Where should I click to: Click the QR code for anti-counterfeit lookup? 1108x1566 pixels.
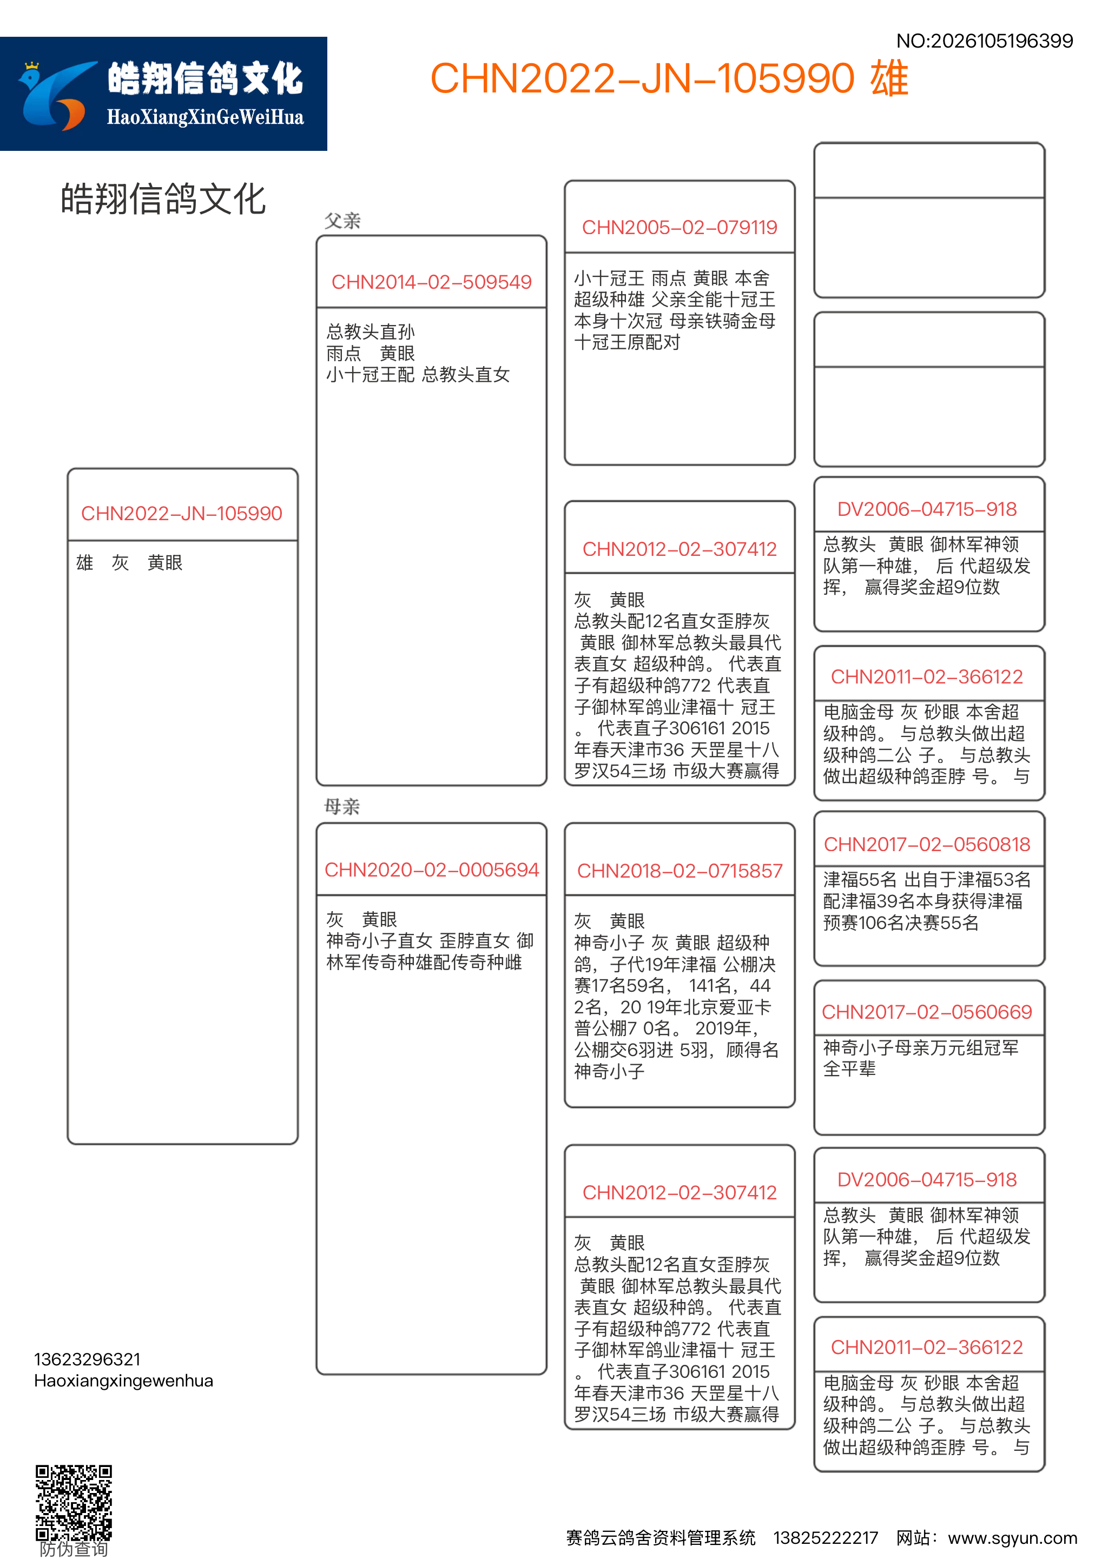click(74, 1500)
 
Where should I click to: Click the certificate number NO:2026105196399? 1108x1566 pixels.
click(984, 41)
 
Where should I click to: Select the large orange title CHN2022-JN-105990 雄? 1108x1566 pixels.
click(669, 78)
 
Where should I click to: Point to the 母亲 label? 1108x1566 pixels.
click(342, 807)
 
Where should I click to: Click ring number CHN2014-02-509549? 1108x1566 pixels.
click(431, 282)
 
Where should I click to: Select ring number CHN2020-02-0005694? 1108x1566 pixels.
click(431, 870)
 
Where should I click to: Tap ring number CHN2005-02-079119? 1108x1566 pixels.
click(680, 227)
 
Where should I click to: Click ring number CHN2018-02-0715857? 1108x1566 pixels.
click(680, 871)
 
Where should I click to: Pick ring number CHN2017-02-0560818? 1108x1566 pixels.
click(927, 845)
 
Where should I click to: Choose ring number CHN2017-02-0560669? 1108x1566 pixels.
click(927, 1012)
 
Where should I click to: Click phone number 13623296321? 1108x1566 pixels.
click(87, 1359)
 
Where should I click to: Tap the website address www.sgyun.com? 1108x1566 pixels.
click(1012, 1538)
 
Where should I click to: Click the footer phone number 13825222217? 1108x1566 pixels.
click(826, 1538)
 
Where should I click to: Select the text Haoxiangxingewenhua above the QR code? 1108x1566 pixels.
click(123, 1381)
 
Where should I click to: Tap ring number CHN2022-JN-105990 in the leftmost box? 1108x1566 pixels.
click(181, 514)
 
